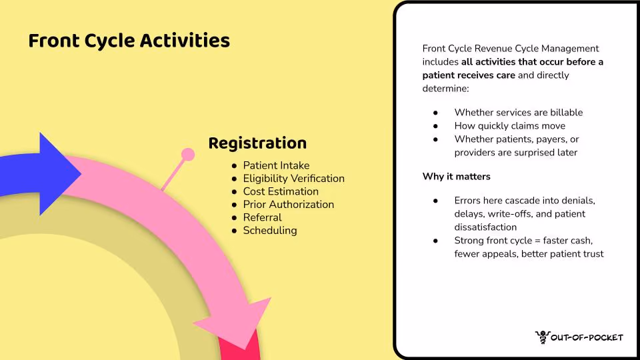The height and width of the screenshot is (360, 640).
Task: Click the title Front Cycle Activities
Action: [129, 41]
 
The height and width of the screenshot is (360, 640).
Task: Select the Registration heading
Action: [257, 143]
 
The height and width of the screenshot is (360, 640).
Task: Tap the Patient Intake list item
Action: [276, 165]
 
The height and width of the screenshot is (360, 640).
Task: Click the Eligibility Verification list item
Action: [293, 179]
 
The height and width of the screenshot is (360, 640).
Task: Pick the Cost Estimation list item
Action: [281, 191]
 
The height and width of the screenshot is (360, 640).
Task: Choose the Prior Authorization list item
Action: [288, 205]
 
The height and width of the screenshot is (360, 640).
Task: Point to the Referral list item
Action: [262, 217]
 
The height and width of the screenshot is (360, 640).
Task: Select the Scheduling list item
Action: [270, 231]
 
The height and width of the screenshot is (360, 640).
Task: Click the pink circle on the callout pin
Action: [188, 154]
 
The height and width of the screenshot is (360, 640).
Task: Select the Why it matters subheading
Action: [456, 176]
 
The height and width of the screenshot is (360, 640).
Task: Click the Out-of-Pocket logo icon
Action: [543, 337]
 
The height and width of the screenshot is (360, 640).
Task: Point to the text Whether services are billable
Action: [519, 113]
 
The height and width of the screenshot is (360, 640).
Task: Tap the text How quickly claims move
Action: [510, 126]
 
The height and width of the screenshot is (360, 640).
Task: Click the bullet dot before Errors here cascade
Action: [435, 201]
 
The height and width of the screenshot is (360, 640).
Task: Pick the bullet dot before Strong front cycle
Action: [435, 241]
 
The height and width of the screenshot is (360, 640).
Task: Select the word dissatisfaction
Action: [485, 227]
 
